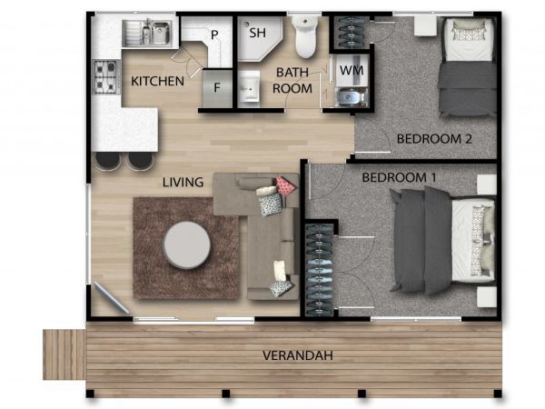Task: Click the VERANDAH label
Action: coord(298,355)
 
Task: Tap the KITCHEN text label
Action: coord(157,81)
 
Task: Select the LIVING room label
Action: coord(183,182)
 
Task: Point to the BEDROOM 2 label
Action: coord(434,139)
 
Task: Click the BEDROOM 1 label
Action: coord(399,177)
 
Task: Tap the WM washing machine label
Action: coord(352,70)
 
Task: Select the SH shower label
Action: coord(258,33)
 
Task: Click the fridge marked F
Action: coord(217,88)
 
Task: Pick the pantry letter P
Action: coord(214,35)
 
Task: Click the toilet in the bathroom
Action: coord(305,36)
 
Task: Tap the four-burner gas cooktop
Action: coord(106,76)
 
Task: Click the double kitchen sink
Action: coord(147,33)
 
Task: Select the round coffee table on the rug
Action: coord(187,244)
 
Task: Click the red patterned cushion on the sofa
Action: coord(286,185)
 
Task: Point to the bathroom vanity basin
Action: coord(249,86)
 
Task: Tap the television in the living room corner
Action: coord(111,298)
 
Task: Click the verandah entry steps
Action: coord(64,354)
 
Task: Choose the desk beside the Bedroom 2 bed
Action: coord(425,25)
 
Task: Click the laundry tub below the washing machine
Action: coord(352,97)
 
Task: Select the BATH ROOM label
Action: coord(292,80)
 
